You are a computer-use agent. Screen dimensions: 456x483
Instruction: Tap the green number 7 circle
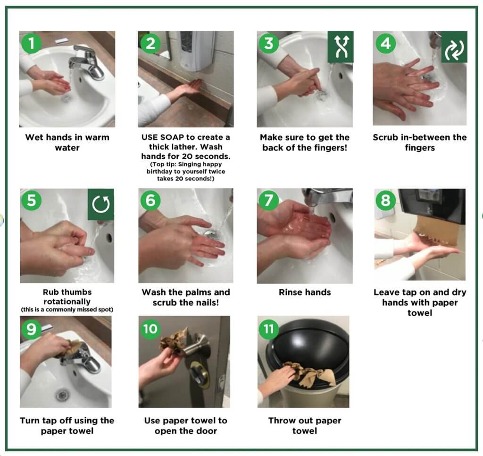(269, 200)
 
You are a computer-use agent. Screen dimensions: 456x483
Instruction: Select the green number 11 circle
(269, 328)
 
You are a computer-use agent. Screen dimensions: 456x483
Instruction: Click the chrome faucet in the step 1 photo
(87, 61)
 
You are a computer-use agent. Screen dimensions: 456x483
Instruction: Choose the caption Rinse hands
(305, 292)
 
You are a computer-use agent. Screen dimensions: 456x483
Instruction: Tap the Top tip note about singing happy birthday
(185, 171)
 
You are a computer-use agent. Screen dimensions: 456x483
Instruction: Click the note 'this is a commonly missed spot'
(67, 310)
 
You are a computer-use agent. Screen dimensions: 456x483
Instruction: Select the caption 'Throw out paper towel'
(304, 425)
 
